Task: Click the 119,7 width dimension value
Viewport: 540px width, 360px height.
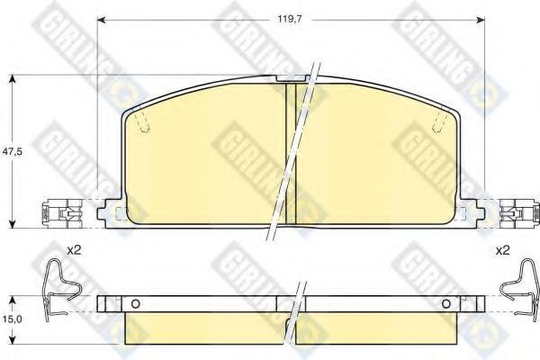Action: coord(290,20)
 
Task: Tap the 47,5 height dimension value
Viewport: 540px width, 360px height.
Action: coord(12,151)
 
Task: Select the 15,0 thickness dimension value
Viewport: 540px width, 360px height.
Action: coord(12,319)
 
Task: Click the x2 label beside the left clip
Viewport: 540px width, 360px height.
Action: coord(74,250)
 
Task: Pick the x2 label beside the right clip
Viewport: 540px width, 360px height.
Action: coord(502,250)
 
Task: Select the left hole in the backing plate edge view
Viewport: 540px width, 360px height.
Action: coord(136,304)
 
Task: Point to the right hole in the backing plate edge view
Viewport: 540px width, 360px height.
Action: coord(446,304)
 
